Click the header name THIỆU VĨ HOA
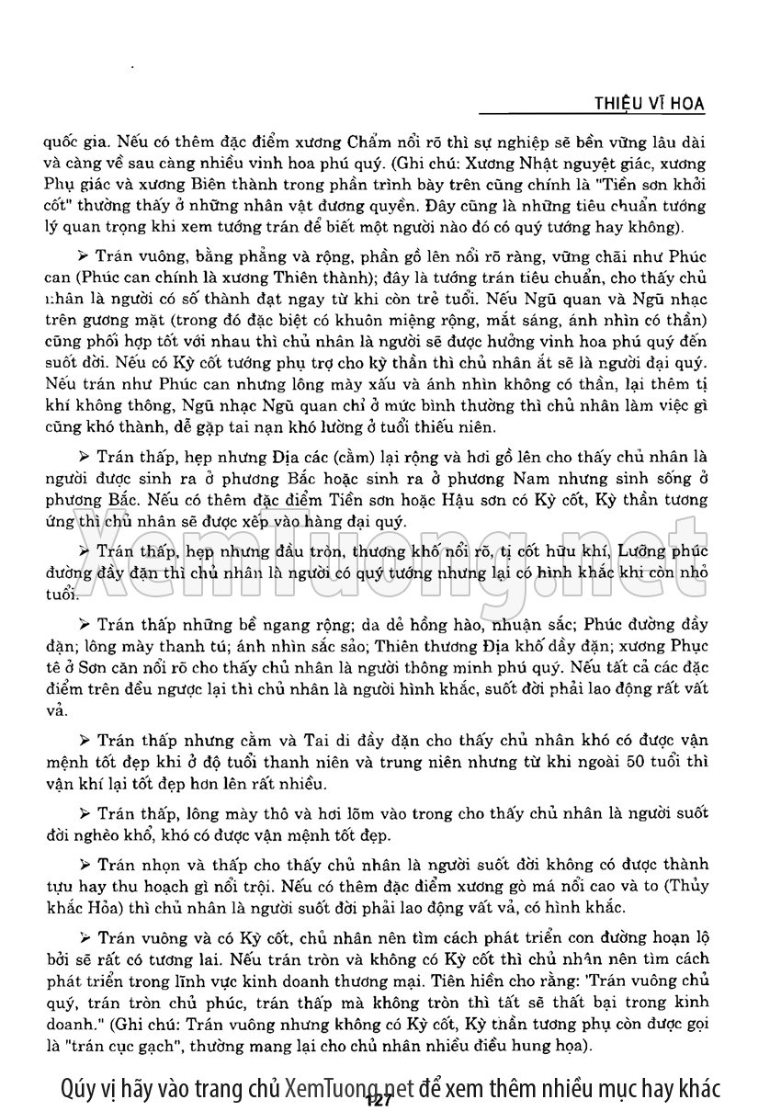pos(650,103)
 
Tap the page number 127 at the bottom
pos(379,1100)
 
